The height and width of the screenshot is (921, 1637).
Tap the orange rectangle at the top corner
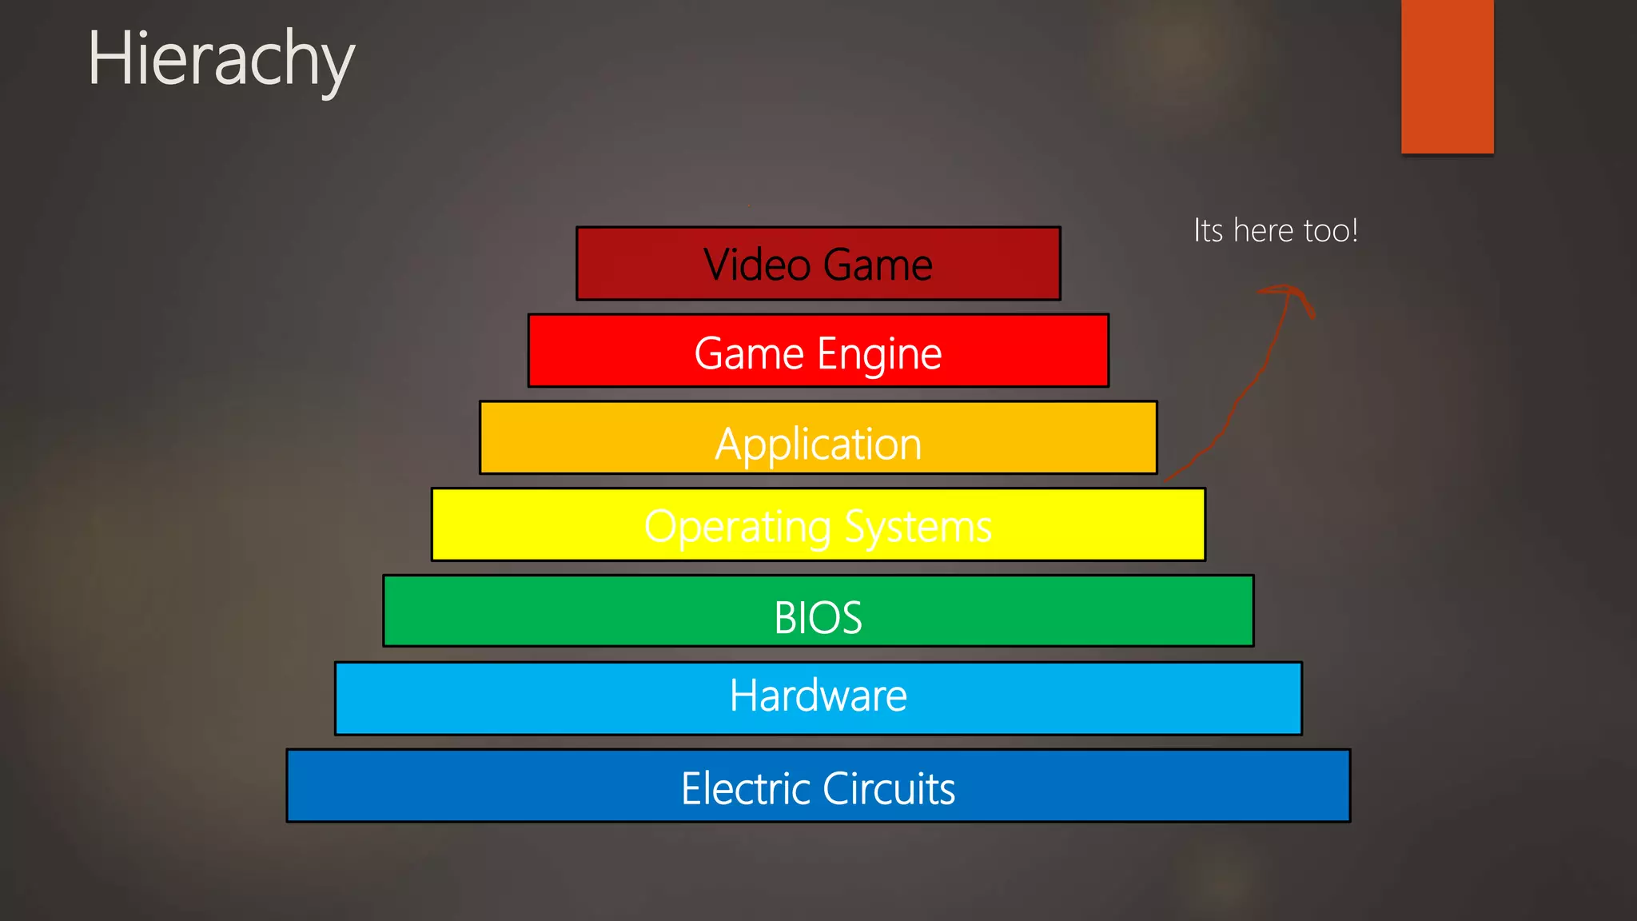[1447, 76]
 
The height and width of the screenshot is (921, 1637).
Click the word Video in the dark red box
[756, 265]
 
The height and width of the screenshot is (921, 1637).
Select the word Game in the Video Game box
[878, 265]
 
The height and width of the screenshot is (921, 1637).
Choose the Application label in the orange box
[818, 444]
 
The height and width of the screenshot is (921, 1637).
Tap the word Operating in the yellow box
[738, 527]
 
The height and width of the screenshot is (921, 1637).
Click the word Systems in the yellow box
[918, 527]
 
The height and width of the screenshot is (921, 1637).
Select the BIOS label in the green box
[818, 617]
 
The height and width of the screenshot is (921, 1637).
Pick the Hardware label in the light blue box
[818, 695]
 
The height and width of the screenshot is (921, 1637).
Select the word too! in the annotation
[1331, 230]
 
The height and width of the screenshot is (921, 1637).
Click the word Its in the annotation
[1208, 230]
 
